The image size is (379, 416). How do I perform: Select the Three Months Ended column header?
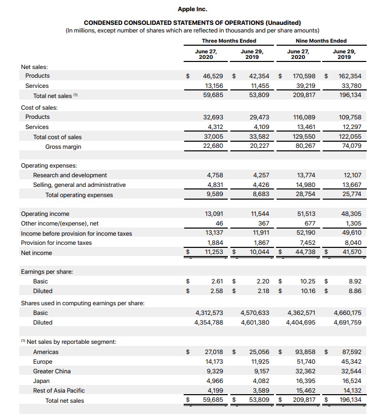229,41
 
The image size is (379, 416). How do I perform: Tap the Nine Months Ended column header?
321,41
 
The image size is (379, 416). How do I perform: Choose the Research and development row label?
70,175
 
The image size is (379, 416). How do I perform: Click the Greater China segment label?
52,371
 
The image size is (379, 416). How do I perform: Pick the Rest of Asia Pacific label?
59,391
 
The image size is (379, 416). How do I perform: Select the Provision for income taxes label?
56,243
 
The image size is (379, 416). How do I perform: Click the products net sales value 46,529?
214,76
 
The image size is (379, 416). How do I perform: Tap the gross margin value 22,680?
214,147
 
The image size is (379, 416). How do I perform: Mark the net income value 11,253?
214,252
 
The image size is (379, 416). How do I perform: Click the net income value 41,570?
352,252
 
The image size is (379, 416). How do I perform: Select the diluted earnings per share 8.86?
355,291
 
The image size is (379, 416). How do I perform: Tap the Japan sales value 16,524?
352,381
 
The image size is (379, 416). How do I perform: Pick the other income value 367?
262,223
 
